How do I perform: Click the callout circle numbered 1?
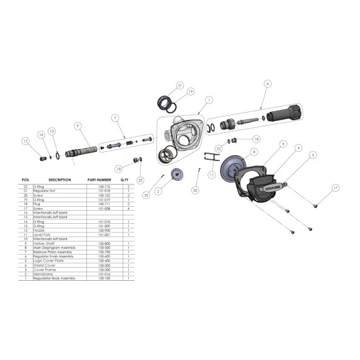coord(209,101)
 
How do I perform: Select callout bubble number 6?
coord(268,84)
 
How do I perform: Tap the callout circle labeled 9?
coord(77,125)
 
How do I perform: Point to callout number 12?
coord(26,141)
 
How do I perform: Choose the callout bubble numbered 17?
coord(336,188)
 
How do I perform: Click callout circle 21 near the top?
coord(180,85)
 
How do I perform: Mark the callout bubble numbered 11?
coord(211,176)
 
